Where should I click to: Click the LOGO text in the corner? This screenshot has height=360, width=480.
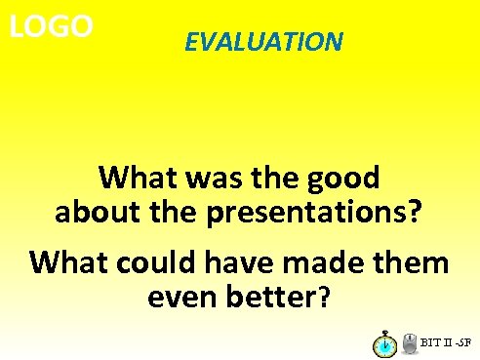point(51,26)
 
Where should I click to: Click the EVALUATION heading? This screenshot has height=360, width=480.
point(263,42)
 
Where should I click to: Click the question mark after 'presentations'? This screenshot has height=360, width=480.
point(415,212)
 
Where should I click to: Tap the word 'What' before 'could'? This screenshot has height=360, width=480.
point(68,262)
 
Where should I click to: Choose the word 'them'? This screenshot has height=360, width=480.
point(409,262)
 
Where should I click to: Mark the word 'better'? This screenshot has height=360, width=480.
point(273,296)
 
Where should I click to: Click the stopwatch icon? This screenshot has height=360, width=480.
point(384,343)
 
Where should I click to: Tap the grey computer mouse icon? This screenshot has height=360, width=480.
point(409,342)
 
